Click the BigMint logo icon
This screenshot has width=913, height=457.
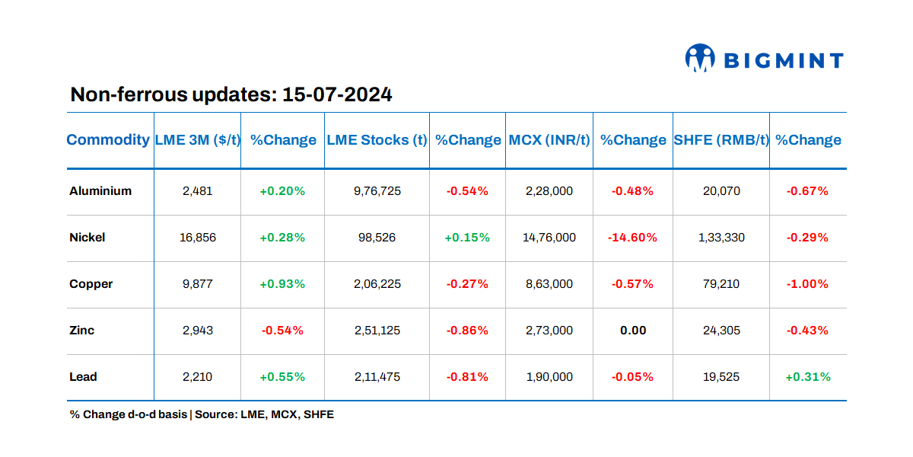tap(700, 59)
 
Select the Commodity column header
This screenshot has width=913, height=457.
tap(108, 140)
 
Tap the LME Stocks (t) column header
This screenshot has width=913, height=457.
tap(377, 140)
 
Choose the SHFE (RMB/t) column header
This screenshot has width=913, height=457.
tap(721, 140)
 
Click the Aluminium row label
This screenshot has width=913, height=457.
tap(100, 191)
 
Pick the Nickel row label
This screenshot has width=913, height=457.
tap(87, 238)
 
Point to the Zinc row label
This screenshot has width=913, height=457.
tap(82, 331)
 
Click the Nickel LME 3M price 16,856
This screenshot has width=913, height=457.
tap(198, 238)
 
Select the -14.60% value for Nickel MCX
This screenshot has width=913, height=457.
tap(632, 238)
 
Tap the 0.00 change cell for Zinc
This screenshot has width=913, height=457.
tap(632, 331)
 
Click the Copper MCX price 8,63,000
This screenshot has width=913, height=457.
tap(549, 284)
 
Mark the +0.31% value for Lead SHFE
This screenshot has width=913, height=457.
tap(807, 377)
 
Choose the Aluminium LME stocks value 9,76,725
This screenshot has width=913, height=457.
tap(377, 191)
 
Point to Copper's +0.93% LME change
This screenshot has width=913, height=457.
tap(282, 284)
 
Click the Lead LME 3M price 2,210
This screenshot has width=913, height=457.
tap(198, 377)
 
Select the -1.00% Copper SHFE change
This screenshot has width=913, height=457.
tap(807, 284)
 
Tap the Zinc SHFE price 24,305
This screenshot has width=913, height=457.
tap(721, 331)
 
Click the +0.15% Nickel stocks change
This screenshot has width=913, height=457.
tap(467, 238)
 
